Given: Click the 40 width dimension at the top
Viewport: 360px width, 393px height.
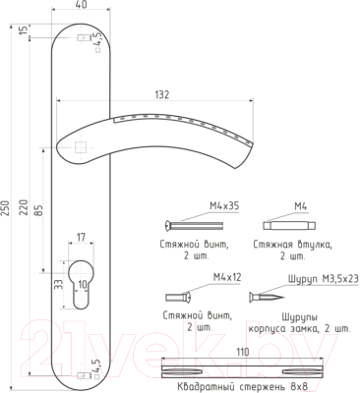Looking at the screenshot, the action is pyautogui.click(x=81, y=5).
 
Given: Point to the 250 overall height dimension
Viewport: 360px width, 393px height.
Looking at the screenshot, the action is pyautogui.click(x=5, y=207).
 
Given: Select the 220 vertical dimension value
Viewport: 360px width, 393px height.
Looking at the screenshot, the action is pyautogui.click(x=24, y=207).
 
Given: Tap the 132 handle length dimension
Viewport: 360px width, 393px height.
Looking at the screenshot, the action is pyautogui.click(x=162, y=94).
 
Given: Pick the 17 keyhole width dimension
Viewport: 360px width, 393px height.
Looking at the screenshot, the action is pyautogui.click(x=81, y=237).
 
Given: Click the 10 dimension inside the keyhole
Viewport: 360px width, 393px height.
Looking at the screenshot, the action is pyautogui.click(x=84, y=285).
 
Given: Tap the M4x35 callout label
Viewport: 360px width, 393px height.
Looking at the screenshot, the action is pyautogui.click(x=224, y=206).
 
